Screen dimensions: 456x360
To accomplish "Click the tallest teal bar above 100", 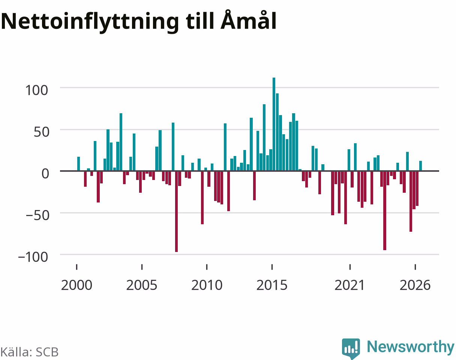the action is [274, 124].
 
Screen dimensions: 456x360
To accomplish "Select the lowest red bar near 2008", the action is [176, 211].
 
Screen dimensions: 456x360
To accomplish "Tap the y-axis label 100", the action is [37, 90].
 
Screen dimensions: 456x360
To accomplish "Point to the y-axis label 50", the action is [42, 132].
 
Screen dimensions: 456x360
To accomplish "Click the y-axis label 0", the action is [45, 174].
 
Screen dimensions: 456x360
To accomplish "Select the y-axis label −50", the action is [37, 216].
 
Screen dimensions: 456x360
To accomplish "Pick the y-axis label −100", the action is [33, 257].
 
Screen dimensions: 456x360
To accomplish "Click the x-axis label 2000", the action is [77, 285].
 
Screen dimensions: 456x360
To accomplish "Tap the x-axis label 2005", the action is [142, 285].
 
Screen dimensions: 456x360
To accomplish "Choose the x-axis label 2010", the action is [207, 285].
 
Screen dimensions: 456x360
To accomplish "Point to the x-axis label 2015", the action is [272, 285].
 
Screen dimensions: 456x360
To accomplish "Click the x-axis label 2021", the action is [349, 285].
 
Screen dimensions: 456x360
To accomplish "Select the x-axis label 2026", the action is [415, 285].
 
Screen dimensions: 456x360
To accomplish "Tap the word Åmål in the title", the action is [248, 19].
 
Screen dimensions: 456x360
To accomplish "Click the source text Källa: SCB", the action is [30, 352].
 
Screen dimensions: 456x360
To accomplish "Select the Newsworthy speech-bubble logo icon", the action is [351, 348].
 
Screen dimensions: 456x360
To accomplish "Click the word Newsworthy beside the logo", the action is [411, 347].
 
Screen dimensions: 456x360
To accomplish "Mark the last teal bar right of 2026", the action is [420, 166].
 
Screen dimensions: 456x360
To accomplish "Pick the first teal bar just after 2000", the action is [79, 164].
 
